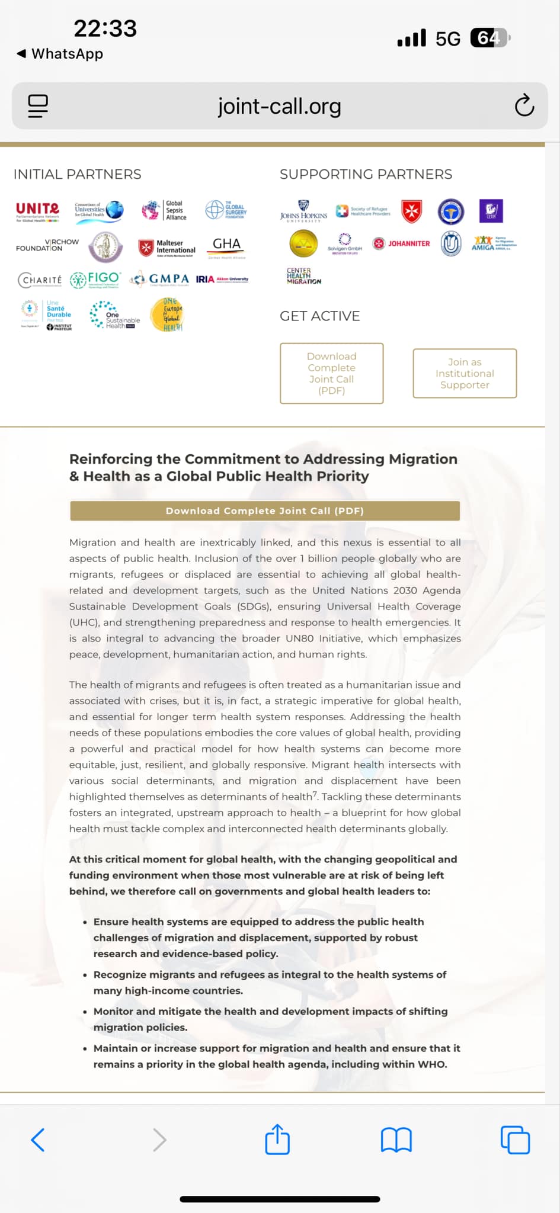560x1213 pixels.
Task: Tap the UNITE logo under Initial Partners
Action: click(x=37, y=211)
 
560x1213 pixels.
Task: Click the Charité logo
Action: click(x=40, y=280)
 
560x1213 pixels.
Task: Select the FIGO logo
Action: click(x=95, y=280)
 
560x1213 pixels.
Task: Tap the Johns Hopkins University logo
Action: click(x=303, y=211)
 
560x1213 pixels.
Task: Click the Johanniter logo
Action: click(x=402, y=243)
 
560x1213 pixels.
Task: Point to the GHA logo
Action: click(x=226, y=246)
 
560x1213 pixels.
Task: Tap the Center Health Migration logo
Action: click(x=303, y=276)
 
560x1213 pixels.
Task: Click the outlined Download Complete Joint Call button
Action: click(x=331, y=373)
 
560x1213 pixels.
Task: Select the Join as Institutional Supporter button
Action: click(x=465, y=373)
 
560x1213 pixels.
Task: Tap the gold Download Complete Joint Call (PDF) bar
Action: click(x=264, y=511)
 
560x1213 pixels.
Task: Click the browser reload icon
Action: click(x=524, y=106)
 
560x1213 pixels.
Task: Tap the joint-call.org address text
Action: click(x=280, y=107)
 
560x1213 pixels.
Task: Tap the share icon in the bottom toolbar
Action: click(x=277, y=1139)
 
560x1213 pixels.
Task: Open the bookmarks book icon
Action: click(x=396, y=1140)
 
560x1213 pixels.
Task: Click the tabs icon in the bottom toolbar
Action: click(x=515, y=1140)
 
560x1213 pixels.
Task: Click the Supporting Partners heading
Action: click(x=366, y=174)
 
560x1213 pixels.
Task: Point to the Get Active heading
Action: click(x=320, y=316)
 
